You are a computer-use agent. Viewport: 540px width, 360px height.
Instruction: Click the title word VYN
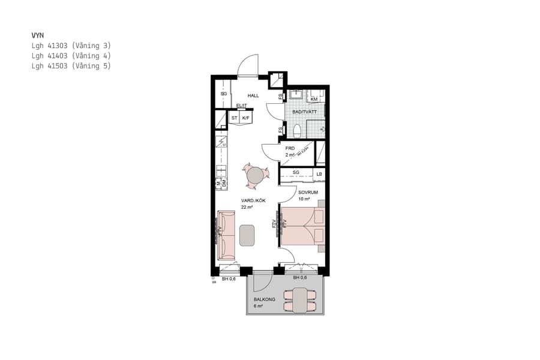38,35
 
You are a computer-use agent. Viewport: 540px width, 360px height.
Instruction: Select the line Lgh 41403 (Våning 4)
71,56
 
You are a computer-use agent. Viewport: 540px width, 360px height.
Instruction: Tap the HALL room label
253,95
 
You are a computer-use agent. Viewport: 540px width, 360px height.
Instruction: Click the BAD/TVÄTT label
304,112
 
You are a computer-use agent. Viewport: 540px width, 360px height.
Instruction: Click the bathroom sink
295,95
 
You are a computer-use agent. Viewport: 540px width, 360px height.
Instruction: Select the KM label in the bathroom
314,99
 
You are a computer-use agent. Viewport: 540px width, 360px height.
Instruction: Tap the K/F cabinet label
245,118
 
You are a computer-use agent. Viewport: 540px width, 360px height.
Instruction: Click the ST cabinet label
235,118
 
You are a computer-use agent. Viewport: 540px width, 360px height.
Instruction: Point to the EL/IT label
241,106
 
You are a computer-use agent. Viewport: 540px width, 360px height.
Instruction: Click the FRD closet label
290,148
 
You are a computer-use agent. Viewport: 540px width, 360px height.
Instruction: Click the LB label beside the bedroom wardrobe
319,174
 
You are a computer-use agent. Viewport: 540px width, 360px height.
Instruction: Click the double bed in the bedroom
302,226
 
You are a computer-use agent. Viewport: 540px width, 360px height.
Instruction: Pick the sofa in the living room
226,235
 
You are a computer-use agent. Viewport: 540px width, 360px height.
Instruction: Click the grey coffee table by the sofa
247,235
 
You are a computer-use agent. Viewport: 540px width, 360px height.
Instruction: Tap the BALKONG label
264,299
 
